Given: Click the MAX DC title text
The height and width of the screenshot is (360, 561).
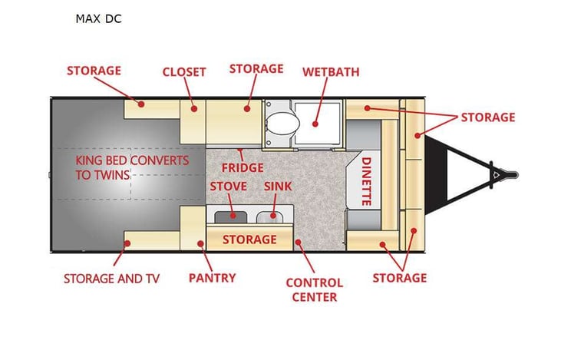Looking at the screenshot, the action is pyautogui.click(x=98, y=18).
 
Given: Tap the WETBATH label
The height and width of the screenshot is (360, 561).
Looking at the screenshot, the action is pyautogui.click(x=331, y=72).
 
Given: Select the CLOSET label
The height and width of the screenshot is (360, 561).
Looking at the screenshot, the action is pyautogui.click(x=184, y=72).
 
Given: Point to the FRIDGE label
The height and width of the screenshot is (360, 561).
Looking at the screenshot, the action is pyautogui.click(x=243, y=167).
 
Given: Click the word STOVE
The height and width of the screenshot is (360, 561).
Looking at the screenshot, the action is pyautogui.click(x=228, y=187).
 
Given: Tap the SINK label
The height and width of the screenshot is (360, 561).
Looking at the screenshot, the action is pyautogui.click(x=278, y=187).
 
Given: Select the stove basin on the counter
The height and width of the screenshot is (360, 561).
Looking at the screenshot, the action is pyautogui.click(x=231, y=216).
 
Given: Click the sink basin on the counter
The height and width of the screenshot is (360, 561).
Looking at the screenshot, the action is pyautogui.click(x=270, y=216).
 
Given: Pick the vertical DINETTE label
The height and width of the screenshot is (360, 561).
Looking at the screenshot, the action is pyautogui.click(x=366, y=181).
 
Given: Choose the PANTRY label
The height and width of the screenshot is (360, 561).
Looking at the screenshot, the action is pyautogui.click(x=212, y=278).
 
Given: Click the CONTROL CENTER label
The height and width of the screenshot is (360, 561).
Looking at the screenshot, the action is pyautogui.click(x=315, y=290).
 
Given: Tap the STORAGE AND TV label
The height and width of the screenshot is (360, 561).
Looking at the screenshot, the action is pyautogui.click(x=111, y=279).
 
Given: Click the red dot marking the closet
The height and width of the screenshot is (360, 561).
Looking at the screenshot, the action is pyautogui.click(x=194, y=108).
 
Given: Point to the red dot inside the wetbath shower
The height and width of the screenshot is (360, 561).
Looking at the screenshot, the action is pyautogui.click(x=315, y=124).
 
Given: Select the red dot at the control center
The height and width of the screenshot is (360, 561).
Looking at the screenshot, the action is pyautogui.click(x=298, y=243).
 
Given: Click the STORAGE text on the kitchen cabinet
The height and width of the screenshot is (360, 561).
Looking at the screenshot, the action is pyautogui.click(x=249, y=239).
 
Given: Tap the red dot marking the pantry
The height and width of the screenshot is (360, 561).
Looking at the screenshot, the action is pyautogui.click(x=200, y=243).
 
